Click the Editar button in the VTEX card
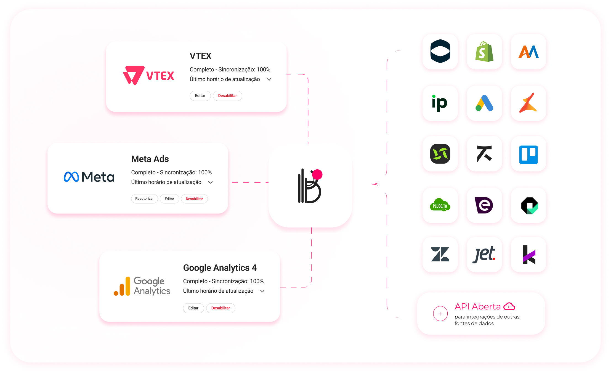tap(200, 96)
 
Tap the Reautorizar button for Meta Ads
tap(144, 199)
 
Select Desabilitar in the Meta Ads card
tap(194, 199)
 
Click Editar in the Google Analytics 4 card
tap(193, 308)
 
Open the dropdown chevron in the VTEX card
tap(269, 79)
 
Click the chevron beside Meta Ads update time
tap(211, 182)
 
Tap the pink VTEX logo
tap(148, 75)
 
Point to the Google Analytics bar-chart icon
tap(122, 287)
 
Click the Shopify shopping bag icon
tap(484, 52)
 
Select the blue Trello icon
tap(528, 154)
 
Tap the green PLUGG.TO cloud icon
tap(440, 205)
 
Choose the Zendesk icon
tap(440, 254)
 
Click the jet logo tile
tap(484, 254)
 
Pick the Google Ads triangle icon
tap(484, 103)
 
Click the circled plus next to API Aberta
tap(440, 314)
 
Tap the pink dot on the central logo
tap(317, 175)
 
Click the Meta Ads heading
tap(150, 159)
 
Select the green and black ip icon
tap(440, 103)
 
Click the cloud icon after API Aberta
tap(509, 306)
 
